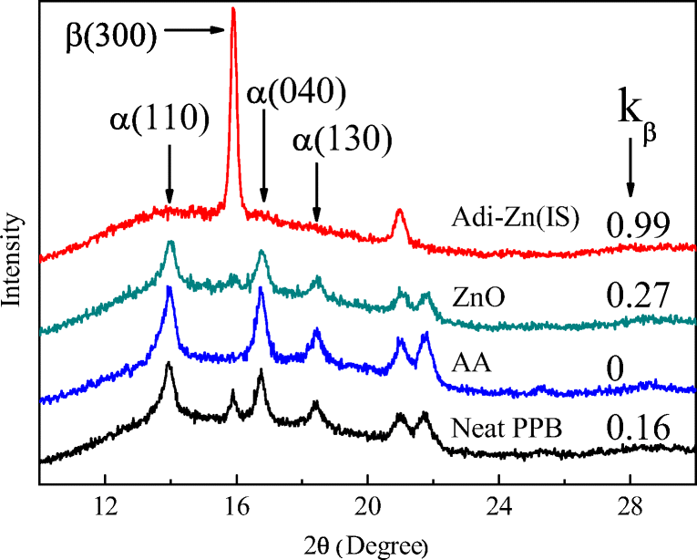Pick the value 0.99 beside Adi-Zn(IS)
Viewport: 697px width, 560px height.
coord(639,223)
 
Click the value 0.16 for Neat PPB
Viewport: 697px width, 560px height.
coord(639,426)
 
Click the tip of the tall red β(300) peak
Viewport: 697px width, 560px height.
coord(233,9)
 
